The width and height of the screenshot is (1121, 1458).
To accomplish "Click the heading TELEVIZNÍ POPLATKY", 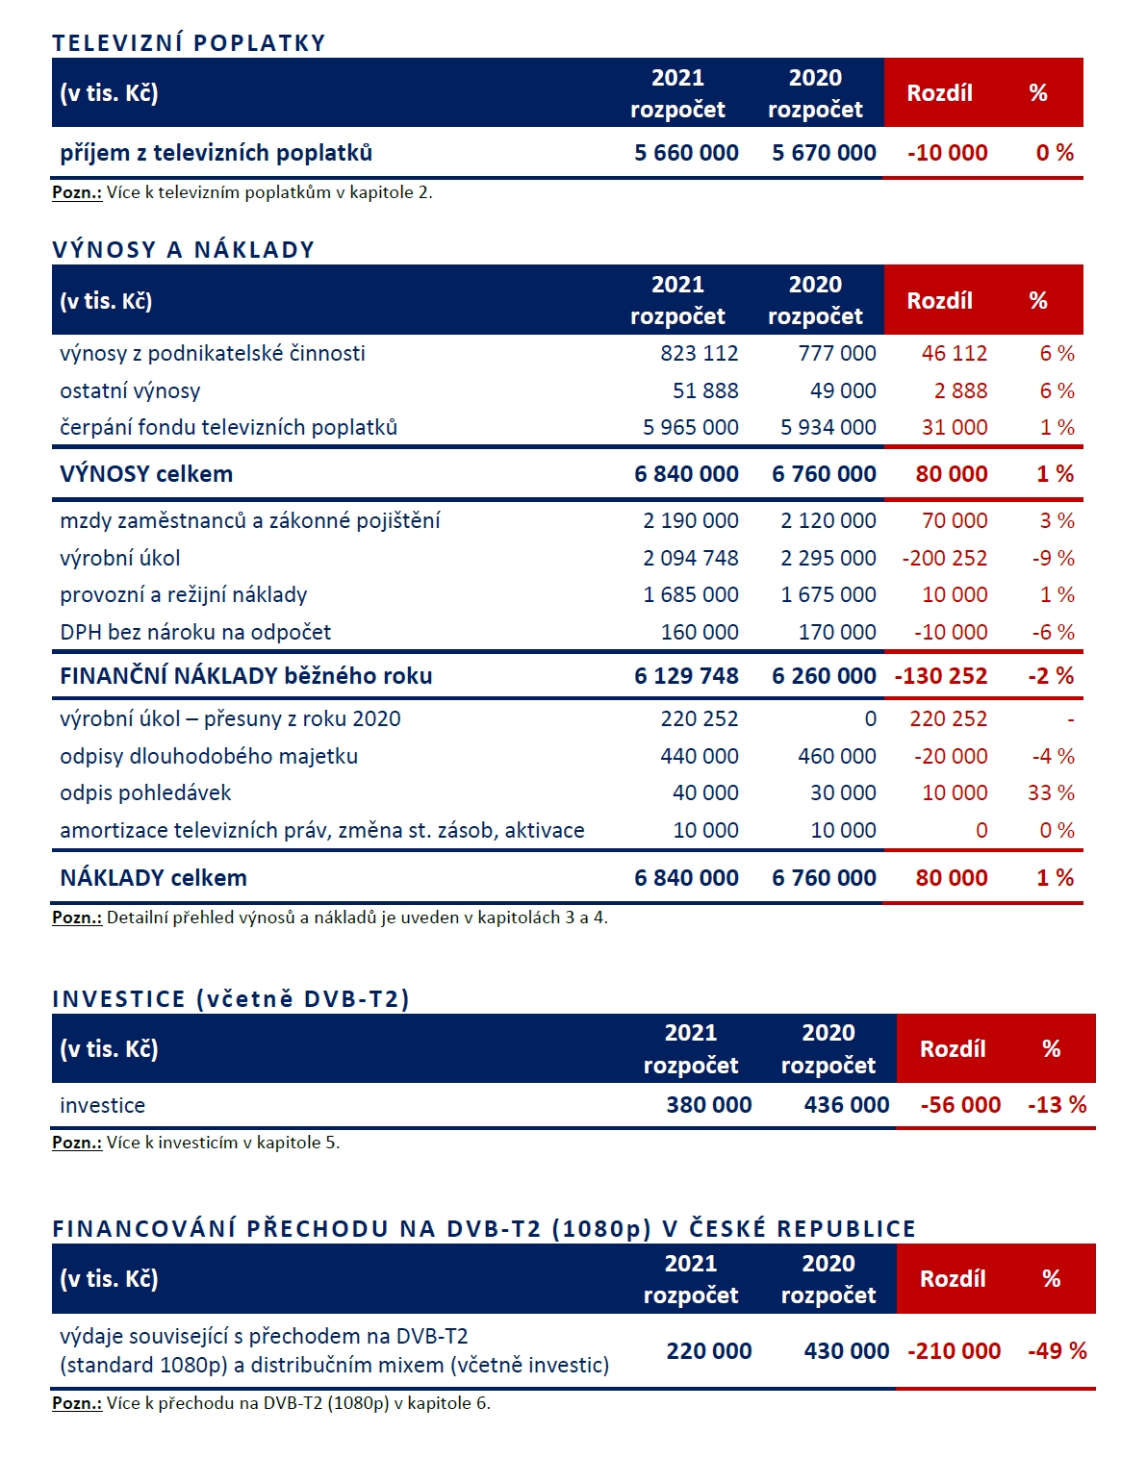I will [189, 43].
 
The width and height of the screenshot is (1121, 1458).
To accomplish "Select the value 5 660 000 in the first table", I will [686, 153].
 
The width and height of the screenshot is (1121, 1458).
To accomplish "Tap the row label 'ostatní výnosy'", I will [130, 390].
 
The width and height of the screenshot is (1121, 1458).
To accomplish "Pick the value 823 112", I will [699, 353].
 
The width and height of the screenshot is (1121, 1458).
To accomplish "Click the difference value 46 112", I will [954, 353].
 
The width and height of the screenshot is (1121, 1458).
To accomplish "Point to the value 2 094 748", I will [690, 558].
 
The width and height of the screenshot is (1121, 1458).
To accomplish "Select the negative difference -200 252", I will [944, 558].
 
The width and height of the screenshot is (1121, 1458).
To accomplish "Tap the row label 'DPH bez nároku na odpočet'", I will [195, 632].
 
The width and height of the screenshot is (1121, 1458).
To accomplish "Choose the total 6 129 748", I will [686, 676].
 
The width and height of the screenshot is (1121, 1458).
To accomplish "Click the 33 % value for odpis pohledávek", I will [1051, 792].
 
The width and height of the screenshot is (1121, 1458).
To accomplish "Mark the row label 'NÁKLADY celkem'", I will [153, 878].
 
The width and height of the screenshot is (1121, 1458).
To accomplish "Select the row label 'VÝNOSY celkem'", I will [146, 474].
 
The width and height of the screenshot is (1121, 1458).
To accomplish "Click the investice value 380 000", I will [708, 1105].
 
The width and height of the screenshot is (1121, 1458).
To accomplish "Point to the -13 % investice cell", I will [1057, 1105].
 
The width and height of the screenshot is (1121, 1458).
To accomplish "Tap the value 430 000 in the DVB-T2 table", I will [846, 1351].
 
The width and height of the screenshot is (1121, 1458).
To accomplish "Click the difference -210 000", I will [954, 1351].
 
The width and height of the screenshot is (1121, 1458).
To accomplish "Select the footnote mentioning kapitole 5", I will [195, 1143].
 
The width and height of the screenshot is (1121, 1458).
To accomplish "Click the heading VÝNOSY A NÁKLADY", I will [183, 250].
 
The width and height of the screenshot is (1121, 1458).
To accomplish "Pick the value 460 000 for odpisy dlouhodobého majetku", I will [836, 756].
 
